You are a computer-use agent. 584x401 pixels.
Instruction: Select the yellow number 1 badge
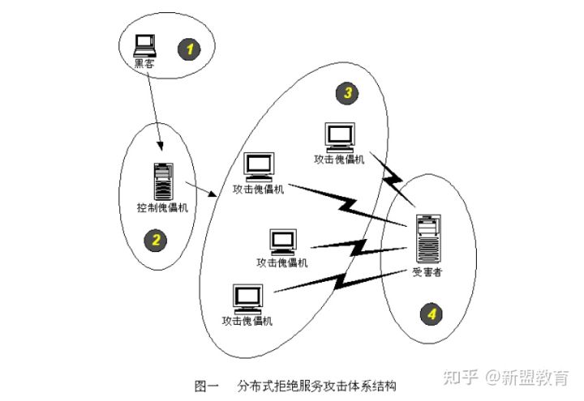(x=190, y=49)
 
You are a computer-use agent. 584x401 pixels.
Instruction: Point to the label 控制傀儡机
(x=162, y=207)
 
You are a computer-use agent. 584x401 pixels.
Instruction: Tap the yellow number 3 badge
(x=346, y=94)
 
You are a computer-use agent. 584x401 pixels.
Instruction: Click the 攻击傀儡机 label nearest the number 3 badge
(x=339, y=160)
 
